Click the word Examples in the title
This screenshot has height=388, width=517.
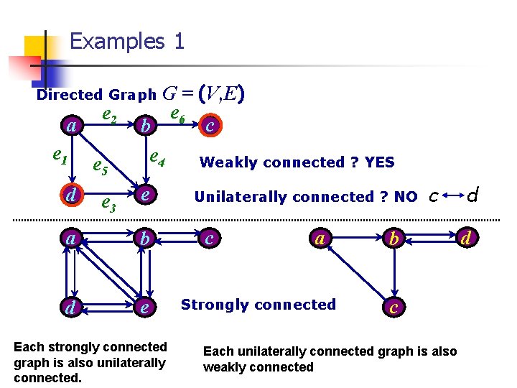[x=117, y=41]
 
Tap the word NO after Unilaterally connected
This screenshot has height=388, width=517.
[x=406, y=197]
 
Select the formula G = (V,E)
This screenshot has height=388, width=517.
[x=205, y=93]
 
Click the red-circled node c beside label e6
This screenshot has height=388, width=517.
[x=210, y=126]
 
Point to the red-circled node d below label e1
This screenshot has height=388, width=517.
[x=70, y=195]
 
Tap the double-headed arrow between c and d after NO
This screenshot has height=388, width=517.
[x=453, y=195]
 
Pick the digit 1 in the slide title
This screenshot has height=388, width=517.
[x=178, y=41]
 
